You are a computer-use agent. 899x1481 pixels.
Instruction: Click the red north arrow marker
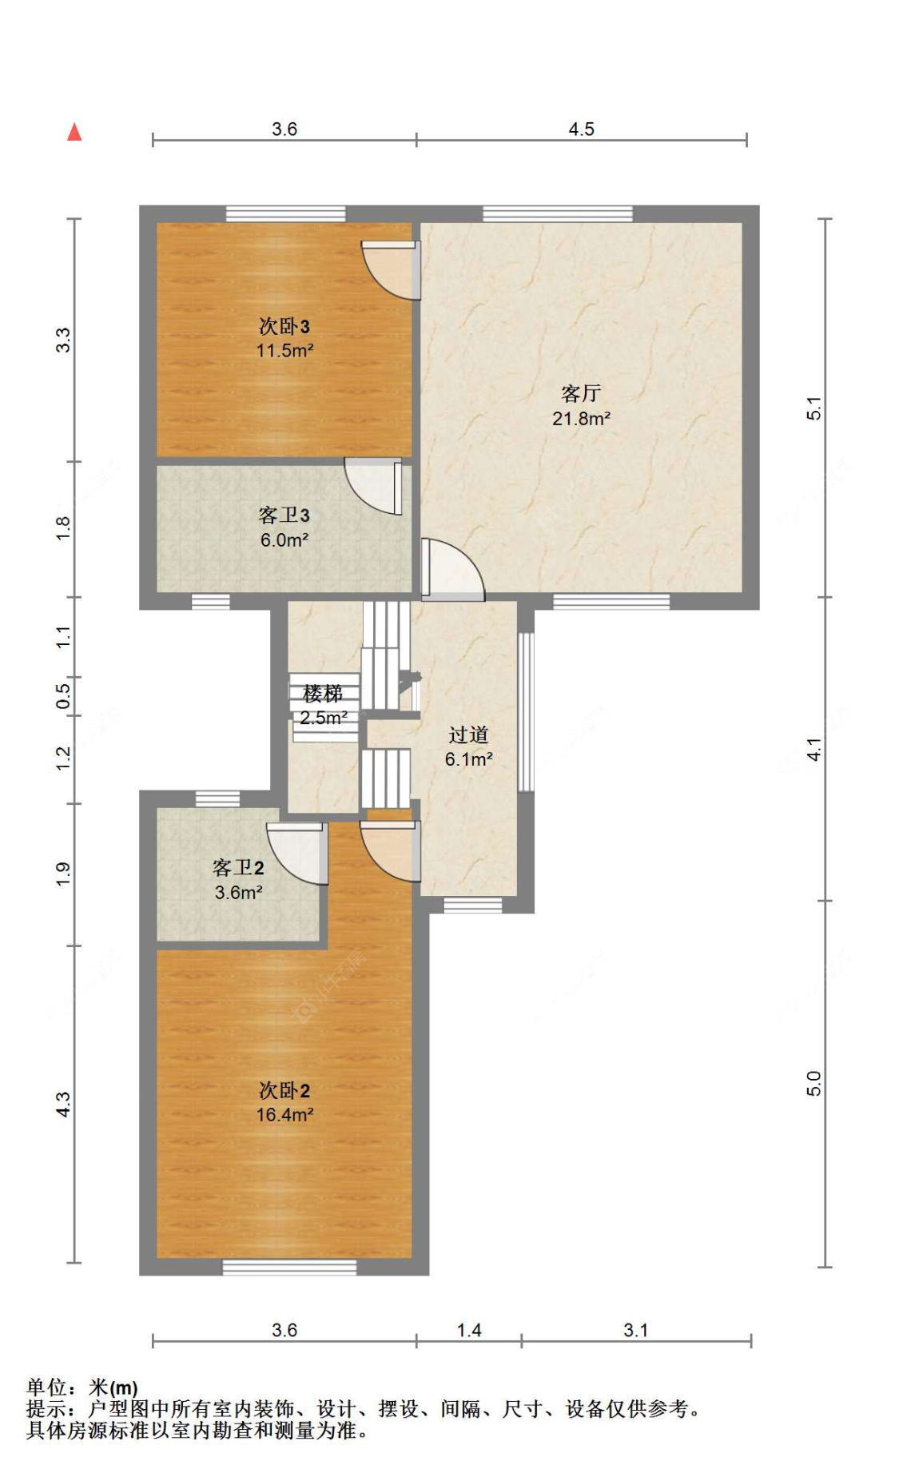pyautogui.click(x=74, y=132)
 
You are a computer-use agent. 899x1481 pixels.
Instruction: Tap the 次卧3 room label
pyautogui.click(x=284, y=326)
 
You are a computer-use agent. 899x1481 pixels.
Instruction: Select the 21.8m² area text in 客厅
pyautogui.click(x=582, y=418)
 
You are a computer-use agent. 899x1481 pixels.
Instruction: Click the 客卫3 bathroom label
pyautogui.click(x=284, y=516)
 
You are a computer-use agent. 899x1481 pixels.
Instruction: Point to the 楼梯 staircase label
pyautogui.click(x=323, y=693)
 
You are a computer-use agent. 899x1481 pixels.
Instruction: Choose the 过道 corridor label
pyautogui.click(x=468, y=735)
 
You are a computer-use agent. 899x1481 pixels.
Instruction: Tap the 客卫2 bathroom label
pyautogui.click(x=238, y=868)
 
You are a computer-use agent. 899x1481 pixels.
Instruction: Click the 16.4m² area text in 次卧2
pyautogui.click(x=284, y=1115)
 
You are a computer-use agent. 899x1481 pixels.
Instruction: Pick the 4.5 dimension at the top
pyautogui.click(x=582, y=129)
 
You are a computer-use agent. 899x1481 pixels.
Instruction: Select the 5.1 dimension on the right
pyautogui.click(x=813, y=408)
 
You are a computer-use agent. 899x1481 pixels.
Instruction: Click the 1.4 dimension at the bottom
pyautogui.click(x=469, y=1330)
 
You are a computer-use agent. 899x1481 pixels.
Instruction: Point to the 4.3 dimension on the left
pyautogui.click(x=63, y=1105)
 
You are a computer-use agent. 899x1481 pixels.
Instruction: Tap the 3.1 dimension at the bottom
pyautogui.click(x=636, y=1330)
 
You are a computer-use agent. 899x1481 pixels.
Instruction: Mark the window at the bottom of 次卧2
pyautogui.click(x=289, y=1268)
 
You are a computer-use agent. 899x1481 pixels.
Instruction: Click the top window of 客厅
pyautogui.click(x=558, y=214)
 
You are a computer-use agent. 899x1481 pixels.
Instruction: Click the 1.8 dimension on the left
pyautogui.click(x=63, y=528)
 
